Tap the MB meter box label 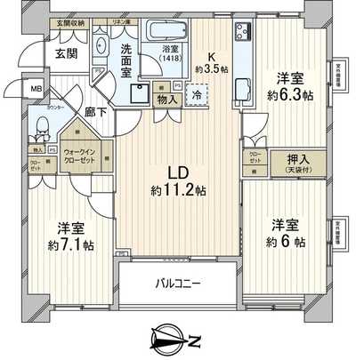point(37,90)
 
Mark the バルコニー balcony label point(179,284)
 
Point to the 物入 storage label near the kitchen point(166,100)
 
